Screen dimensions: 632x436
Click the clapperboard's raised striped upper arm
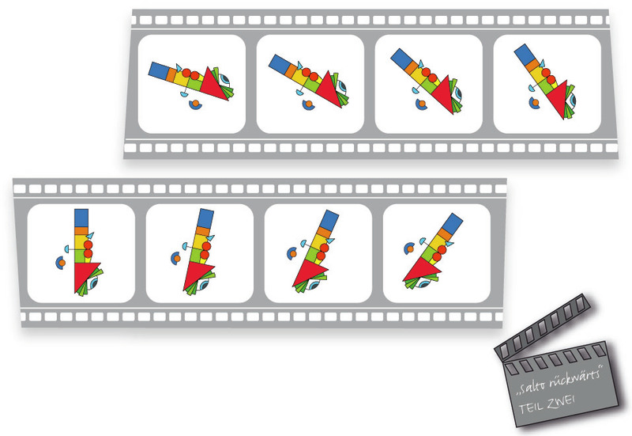coord(543,327)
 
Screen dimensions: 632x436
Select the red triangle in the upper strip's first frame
coord(213,85)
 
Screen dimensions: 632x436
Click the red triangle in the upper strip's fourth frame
coord(559,101)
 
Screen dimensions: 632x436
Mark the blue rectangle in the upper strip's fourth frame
coord(525,54)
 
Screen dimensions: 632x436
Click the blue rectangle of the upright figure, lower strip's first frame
coord(81,218)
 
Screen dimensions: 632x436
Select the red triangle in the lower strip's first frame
coord(85,275)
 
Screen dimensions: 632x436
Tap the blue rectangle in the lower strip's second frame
coord(205,218)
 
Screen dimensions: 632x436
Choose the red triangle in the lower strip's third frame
coord(308,272)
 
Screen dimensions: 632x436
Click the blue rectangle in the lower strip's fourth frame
coord(452,223)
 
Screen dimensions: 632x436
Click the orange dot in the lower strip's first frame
coord(62,263)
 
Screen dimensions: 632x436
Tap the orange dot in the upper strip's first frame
coord(195,104)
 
